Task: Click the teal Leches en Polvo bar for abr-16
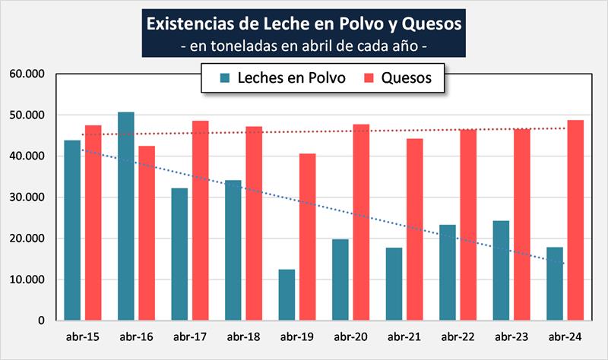[125, 216]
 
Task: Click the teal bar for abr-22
[447, 273]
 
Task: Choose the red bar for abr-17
[200, 220]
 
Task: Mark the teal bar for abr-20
[340, 279]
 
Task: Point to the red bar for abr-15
[93, 223]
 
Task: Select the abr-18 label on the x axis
[242, 336]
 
